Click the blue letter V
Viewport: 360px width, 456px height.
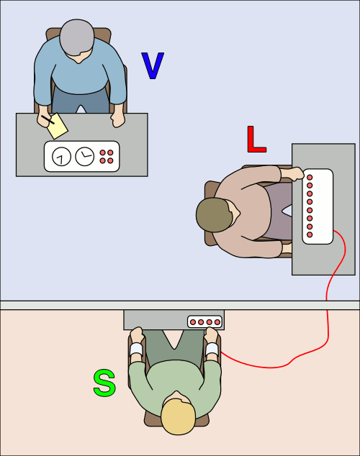point(153,66)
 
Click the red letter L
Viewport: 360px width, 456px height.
point(256,140)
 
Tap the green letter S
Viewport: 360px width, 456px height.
point(104,383)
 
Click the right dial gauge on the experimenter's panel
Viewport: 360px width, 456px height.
point(85,156)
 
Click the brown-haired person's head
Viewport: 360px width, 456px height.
point(214,214)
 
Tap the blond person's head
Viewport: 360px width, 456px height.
point(177,416)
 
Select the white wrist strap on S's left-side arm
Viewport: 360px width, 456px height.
point(136,350)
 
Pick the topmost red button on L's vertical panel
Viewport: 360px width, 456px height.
point(310,177)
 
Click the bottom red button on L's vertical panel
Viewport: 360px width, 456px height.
point(310,234)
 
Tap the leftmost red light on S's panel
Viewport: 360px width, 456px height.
point(193,322)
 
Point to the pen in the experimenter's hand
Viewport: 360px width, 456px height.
point(48,119)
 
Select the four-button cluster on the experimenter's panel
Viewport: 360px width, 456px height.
point(107,156)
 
